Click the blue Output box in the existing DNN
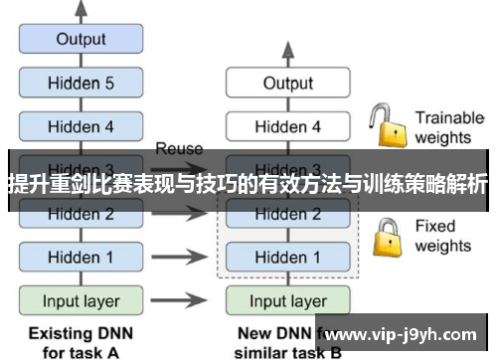click(x=81, y=40)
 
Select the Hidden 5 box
click(x=81, y=84)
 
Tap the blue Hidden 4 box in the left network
click(x=81, y=126)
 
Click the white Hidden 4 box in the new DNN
click(x=287, y=126)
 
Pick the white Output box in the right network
click(x=287, y=84)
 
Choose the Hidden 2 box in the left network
click(x=81, y=214)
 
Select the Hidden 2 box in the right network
click(x=287, y=214)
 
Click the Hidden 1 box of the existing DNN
click(x=81, y=257)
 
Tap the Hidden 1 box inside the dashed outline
click(x=287, y=257)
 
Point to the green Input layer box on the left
click(x=81, y=300)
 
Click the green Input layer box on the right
click(x=287, y=300)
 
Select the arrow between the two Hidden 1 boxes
click(x=184, y=257)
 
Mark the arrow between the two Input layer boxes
click(x=184, y=300)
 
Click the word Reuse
click(x=179, y=148)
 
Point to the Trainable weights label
click(x=448, y=127)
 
